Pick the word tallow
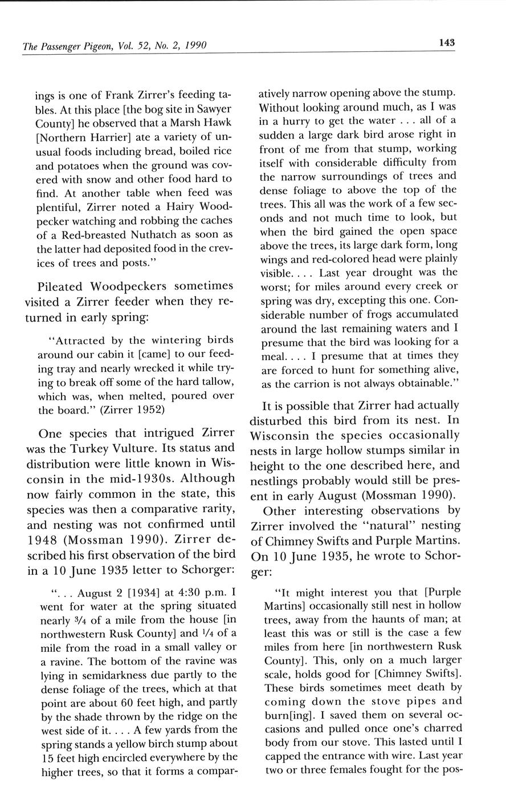point(217,382)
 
